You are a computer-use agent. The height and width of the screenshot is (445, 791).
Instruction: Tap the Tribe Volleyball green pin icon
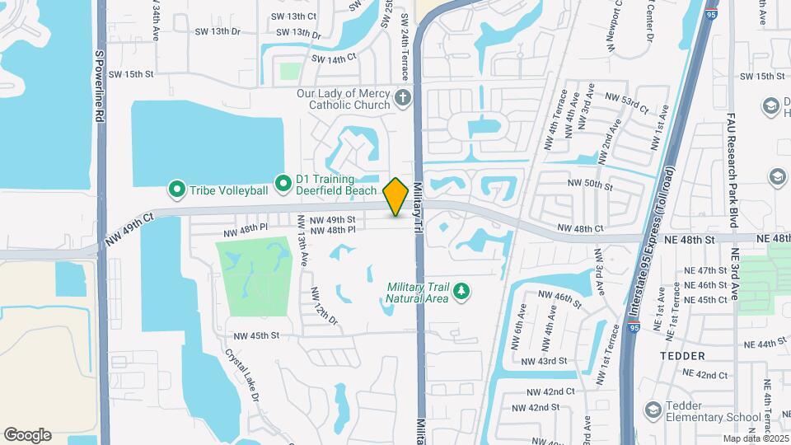tap(176, 190)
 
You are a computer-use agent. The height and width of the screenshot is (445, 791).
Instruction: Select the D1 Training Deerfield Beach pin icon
tap(283, 180)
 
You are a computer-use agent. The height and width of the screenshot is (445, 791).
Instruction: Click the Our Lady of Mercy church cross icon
tap(402, 99)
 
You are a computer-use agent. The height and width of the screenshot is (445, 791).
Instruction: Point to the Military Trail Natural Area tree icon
tap(462, 291)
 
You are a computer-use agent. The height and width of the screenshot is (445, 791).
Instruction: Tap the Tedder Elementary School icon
tap(653, 410)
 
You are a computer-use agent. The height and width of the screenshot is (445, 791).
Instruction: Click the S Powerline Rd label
tap(100, 87)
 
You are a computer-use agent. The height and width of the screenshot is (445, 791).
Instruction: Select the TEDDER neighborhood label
tap(682, 356)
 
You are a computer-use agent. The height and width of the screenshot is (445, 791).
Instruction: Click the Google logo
tap(27, 435)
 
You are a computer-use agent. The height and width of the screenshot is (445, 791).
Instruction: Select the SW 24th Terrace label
tap(404, 48)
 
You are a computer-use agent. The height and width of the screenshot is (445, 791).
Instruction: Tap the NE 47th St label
tap(700, 270)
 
